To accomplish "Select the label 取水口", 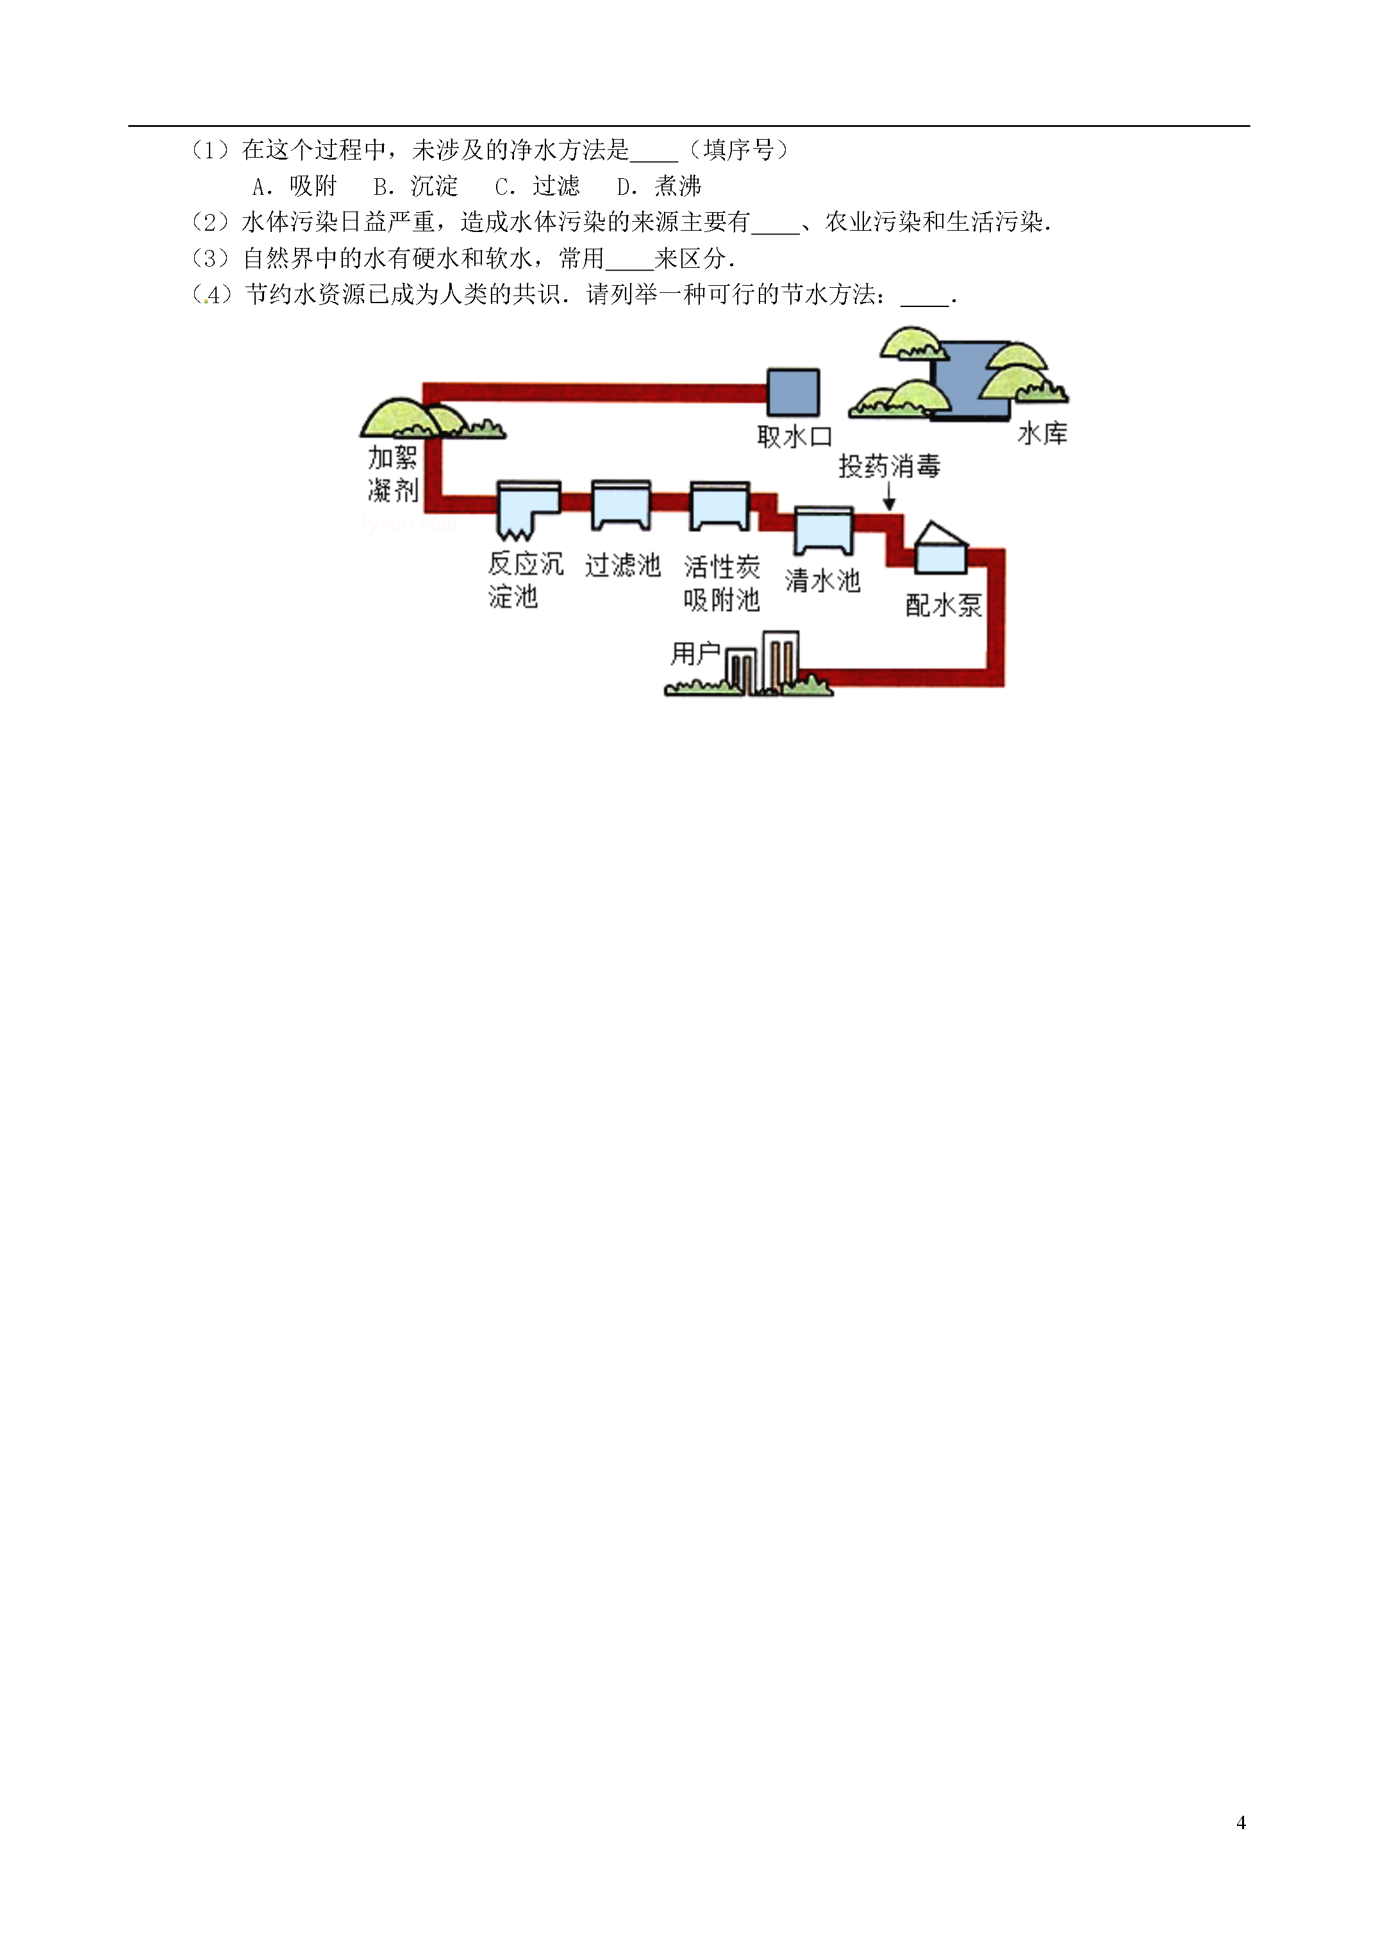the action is [794, 437].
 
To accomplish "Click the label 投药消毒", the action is [889, 466].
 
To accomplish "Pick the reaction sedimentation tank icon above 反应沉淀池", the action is [528, 510].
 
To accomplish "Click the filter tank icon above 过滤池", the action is [620, 505].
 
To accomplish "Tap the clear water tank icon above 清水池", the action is [824, 531].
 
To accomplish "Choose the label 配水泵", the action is [943, 605].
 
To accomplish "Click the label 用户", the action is [695, 653].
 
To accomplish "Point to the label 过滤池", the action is [622, 565].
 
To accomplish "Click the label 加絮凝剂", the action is [393, 474].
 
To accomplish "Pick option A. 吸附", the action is [295, 186].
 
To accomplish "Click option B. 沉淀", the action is [416, 186].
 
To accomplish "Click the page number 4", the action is [1241, 1823].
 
